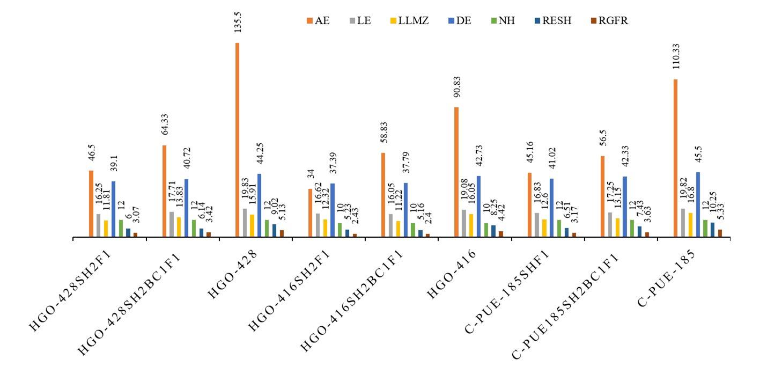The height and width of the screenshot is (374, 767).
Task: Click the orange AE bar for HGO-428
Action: [x=237, y=140]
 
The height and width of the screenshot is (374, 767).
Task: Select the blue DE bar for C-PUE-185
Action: [x=698, y=204]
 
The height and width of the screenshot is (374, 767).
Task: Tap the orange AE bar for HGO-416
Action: [x=456, y=172]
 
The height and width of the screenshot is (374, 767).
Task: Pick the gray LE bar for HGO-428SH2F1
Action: [x=99, y=225]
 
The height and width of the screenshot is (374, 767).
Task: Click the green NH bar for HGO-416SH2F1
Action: [x=340, y=230]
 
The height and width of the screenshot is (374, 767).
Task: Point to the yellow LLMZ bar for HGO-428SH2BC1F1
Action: [x=179, y=227]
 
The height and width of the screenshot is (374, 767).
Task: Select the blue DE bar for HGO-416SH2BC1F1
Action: [x=406, y=210]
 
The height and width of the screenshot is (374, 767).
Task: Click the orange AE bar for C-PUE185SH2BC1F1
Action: [x=602, y=196]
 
